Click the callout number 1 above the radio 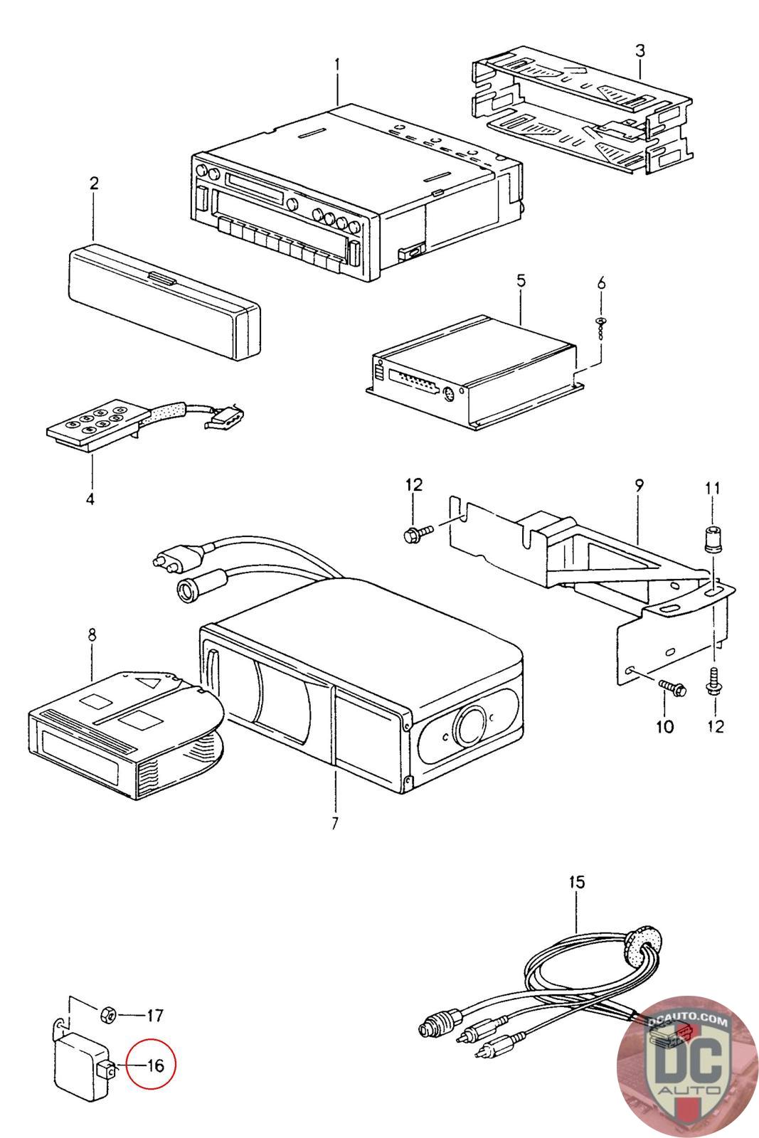[x=337, y=64]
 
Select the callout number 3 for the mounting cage [x=640, y=50]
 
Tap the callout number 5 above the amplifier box [x=521, y=280]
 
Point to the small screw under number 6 [x=601, y=323]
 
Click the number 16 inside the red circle [x=155, y=1065]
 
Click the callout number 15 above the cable [x=577, y=883]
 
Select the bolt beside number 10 [x=672, y=686]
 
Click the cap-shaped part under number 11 [x=711, y=539]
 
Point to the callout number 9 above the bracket [x=639, y=486]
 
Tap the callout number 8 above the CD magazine [x=92, y=634]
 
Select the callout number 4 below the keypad [x=90, y=499]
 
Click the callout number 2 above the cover [x=94, y=184]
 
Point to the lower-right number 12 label [x=716, y=726]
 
